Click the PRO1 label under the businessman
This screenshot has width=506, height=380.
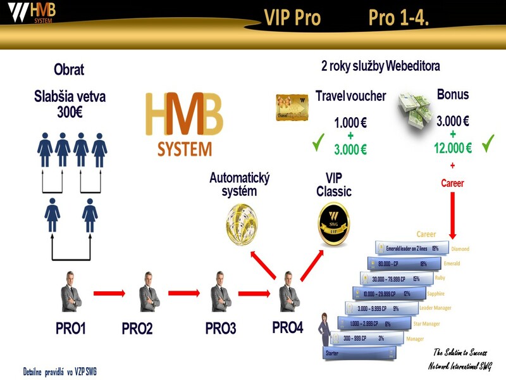[70, 329]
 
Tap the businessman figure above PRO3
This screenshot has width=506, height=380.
[219, 293]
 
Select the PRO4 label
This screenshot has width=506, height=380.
[288, 327]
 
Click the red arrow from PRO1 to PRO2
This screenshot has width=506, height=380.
[113, 293]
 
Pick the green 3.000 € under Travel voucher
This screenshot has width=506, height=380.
[350, 150]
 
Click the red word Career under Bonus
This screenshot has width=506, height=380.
[452, 183]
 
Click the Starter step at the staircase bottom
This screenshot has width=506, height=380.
[331, 352]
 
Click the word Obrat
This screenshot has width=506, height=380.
[69, 70]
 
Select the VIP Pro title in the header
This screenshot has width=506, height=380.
[292, 18]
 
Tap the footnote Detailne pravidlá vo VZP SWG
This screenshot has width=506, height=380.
[59, 370]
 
